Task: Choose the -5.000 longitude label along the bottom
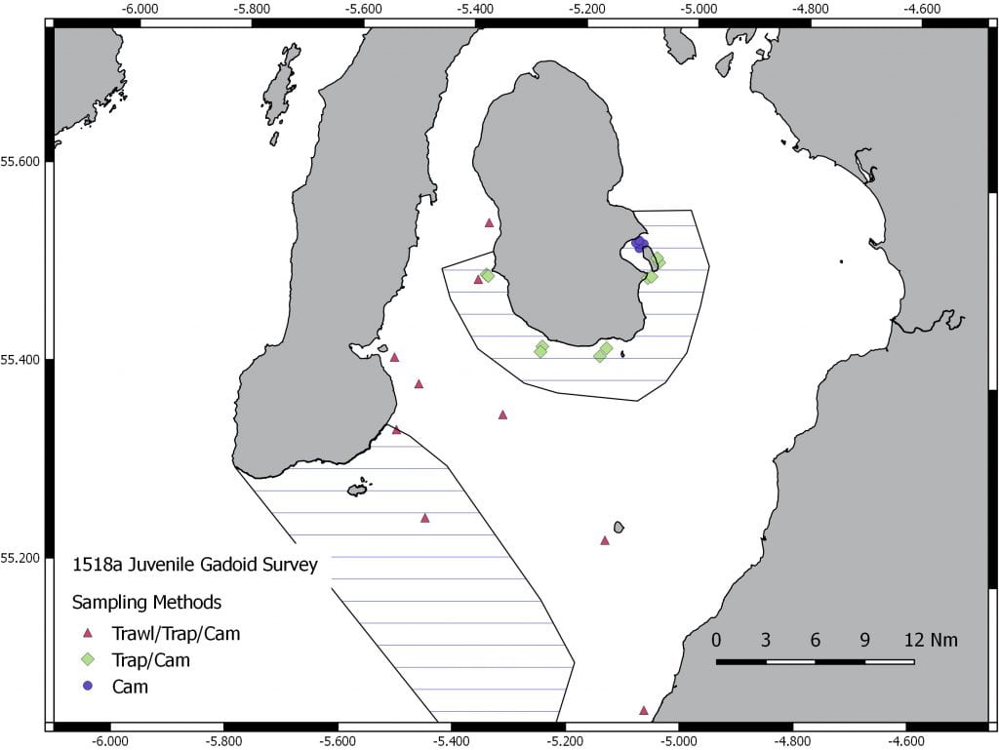pos(679,740)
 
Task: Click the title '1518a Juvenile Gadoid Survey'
pos(195,565)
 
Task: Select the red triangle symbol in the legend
pos(88,634)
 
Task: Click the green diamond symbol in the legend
pos(88,660)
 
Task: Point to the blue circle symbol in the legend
pos(88,686)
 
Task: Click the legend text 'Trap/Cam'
pos(151,660)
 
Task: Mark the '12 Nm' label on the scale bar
pos(931,641)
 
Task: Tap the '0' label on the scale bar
pos(717,641)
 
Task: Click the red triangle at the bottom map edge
pos(644,710)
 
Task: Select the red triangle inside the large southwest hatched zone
pos(425,518)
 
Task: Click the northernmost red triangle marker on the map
pos(490,222)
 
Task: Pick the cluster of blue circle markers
pos(640,243)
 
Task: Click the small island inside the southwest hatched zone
pos(358,488)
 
